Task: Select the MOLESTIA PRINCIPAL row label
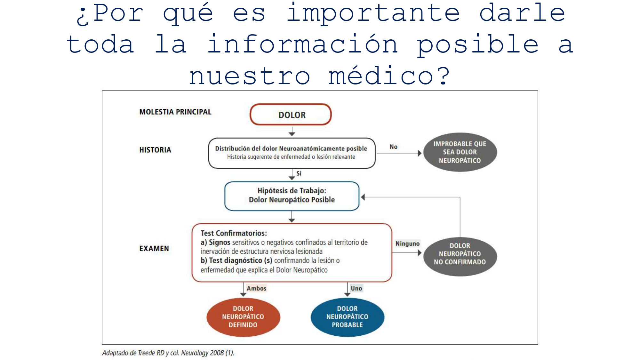click(175, 112)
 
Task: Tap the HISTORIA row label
click(155, 150)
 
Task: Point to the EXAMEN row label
click(154, 248)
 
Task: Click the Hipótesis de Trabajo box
click(292, 196)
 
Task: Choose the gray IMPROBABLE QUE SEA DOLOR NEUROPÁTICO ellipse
click(460, 152)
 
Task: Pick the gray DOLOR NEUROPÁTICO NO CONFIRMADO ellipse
click(460, 254)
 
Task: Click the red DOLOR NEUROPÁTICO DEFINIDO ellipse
click(243, 317)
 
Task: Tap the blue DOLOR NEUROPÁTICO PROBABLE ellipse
click(347, 317)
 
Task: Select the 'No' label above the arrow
click(393, 147)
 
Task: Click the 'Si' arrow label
click(299, 173)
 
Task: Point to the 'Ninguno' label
click(407, 244)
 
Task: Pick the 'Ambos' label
click(256, 288)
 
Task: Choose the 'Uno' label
click(356, 288)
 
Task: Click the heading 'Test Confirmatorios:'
click(234, 233)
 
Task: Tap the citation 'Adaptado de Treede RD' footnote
click(168, 353)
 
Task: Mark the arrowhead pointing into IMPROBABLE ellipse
click(420, 153)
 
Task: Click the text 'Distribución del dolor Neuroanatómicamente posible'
click(291, 148)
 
